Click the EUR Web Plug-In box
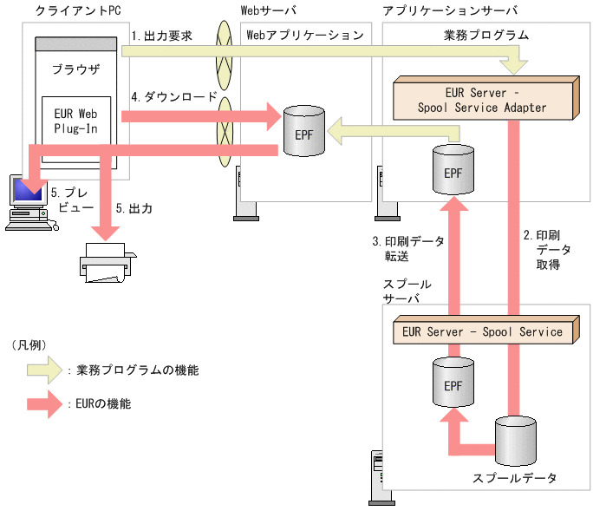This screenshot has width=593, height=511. (x=76, y=121)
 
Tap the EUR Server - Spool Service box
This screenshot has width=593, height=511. (x=483, y=331)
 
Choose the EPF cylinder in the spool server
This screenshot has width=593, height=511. (x=453, y=383)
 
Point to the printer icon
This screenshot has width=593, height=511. (x=108, y=261)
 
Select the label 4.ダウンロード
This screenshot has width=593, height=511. (x=173, y=97)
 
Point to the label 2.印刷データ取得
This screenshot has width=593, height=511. (x=548, y=249)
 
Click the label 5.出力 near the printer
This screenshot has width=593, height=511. (x=134, y=209)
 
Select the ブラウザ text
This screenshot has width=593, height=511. (x=75, y=68)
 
